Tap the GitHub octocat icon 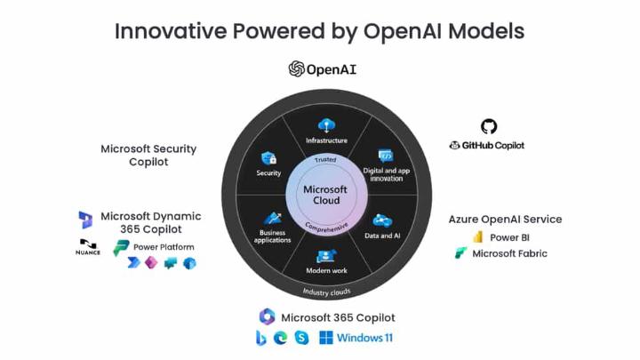[x=488, y=127]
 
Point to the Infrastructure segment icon [x=326, y=125]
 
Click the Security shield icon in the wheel [x=268, y=156]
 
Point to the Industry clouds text [x=326, y=292]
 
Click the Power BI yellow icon [x=477, y=237]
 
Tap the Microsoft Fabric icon [x=461, y=253]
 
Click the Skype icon [x=301, y=338]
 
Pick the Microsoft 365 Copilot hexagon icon [x=267, y=316]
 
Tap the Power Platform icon [x=121, y=247]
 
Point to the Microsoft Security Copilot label [x=148, y=156]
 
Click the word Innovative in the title [x=169, y=30]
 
